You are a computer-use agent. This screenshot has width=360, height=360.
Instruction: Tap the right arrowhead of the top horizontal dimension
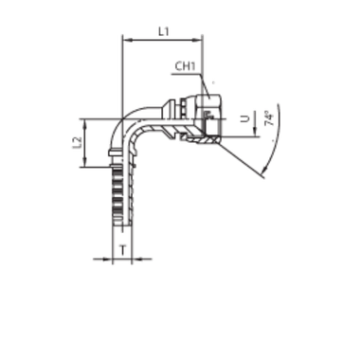200,41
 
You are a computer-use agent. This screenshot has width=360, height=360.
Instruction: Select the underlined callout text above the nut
185,68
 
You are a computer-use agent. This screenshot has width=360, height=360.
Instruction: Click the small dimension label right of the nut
267,118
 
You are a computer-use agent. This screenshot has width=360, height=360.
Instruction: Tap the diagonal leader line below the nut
239,156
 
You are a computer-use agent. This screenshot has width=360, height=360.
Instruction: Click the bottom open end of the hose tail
119,248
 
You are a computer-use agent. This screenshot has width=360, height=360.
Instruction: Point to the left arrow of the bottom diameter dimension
107,257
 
